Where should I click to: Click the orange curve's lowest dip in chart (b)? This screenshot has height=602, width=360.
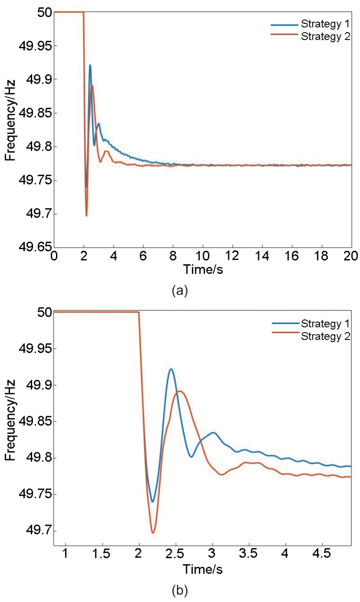coord(153,533)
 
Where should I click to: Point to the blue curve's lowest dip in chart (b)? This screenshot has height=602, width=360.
coord(152,501)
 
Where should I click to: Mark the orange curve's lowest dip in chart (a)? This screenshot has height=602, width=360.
coord(86,215)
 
